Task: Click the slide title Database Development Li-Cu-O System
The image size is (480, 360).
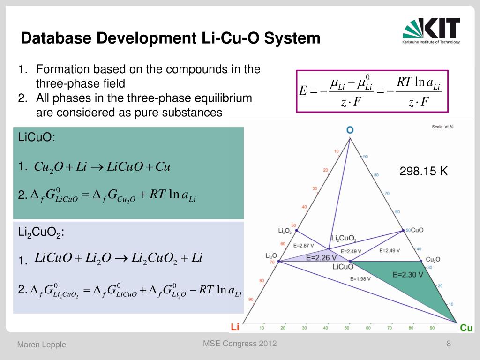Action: [171, 38]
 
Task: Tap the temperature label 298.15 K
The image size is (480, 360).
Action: [424, 172]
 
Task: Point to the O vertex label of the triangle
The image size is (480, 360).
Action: [350, 130]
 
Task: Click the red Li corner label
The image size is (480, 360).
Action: [235, 328]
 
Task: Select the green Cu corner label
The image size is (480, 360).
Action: [466, 328]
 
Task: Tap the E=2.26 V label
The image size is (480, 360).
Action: [322, 257]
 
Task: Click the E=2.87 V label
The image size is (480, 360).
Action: [303, 245]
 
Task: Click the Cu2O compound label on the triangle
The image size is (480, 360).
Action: [432, 259]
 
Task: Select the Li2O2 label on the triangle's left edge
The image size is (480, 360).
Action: [285, 231]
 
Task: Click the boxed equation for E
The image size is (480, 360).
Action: [372, 91]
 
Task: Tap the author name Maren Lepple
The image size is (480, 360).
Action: [42, 345]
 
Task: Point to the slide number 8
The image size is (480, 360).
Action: [449, 344]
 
